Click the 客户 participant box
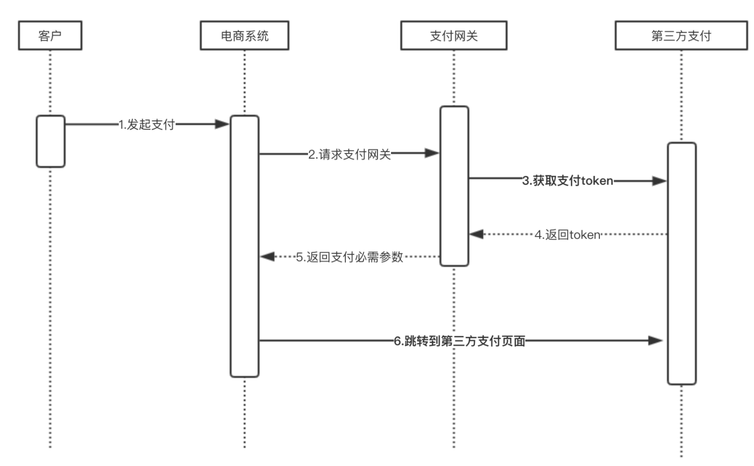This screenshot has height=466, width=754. [50, 35]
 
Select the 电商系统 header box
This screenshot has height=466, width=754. [244, 35]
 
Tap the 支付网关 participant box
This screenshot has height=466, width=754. [454, 35]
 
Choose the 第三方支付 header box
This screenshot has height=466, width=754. [681, 35]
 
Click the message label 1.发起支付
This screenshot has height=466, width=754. [147, 125]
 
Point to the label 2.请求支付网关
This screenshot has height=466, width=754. [350, 154]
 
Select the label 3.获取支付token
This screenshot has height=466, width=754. [567, 181]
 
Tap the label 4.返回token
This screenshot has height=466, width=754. [567, 235]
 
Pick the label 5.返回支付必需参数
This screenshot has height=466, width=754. [350, 257]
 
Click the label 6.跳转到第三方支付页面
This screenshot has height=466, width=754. [459, 341]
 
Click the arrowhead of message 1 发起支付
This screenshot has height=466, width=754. [222, 124]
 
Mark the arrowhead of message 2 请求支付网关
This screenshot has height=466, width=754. [432, 153]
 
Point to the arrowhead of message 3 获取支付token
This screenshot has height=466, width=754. [659, 181]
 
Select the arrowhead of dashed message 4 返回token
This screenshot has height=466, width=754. [477, 235]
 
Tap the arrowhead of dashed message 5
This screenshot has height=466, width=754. [268, 256]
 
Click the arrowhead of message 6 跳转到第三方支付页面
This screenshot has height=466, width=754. [656, 340]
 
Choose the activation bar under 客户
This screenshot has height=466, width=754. [50, 141]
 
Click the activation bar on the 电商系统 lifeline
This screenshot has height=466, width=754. [244, 246]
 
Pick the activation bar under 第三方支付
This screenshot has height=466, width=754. [681, 264]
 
